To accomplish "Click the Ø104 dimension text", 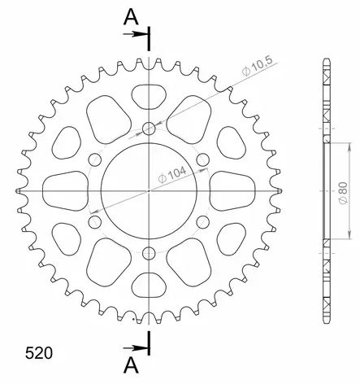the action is pyautogui.click(x=172, y=175).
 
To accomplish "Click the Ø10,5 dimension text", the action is pyautogui.click(x=257, y=66).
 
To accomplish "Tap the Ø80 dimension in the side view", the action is pyautogui.click(x=343, y=194).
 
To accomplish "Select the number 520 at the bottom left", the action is pyautogui.click(x=39, y=353).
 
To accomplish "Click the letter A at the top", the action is pyautogui.click(x=131, y=17).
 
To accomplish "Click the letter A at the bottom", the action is pyautogui.click(x=131, y=365).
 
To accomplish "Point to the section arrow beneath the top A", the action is pyautogui.click(x=136, y=34).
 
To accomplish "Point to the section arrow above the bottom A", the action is pyautogui.click(x=136, y=348).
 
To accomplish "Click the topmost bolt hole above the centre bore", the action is pyautogui.click(x=149, y=129).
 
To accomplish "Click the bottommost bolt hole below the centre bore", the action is pyautogui.click(x=149, y=253).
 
